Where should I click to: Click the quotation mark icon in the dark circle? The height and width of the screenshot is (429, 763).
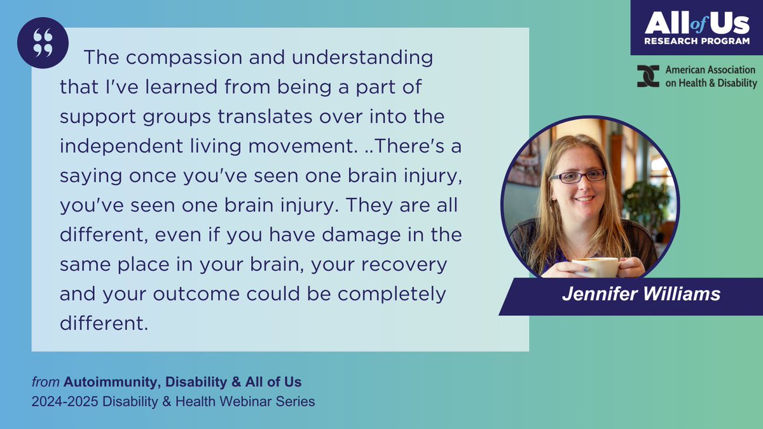(43, 43)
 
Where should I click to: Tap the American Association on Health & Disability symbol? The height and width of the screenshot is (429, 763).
(647, 76)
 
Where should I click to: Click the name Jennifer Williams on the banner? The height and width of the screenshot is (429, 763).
(641, 295)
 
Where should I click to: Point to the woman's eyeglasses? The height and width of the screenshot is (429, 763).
(578, 175)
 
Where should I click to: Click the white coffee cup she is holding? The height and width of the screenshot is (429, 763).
(595, 266)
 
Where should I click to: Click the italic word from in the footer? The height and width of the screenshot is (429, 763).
(46, 382)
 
